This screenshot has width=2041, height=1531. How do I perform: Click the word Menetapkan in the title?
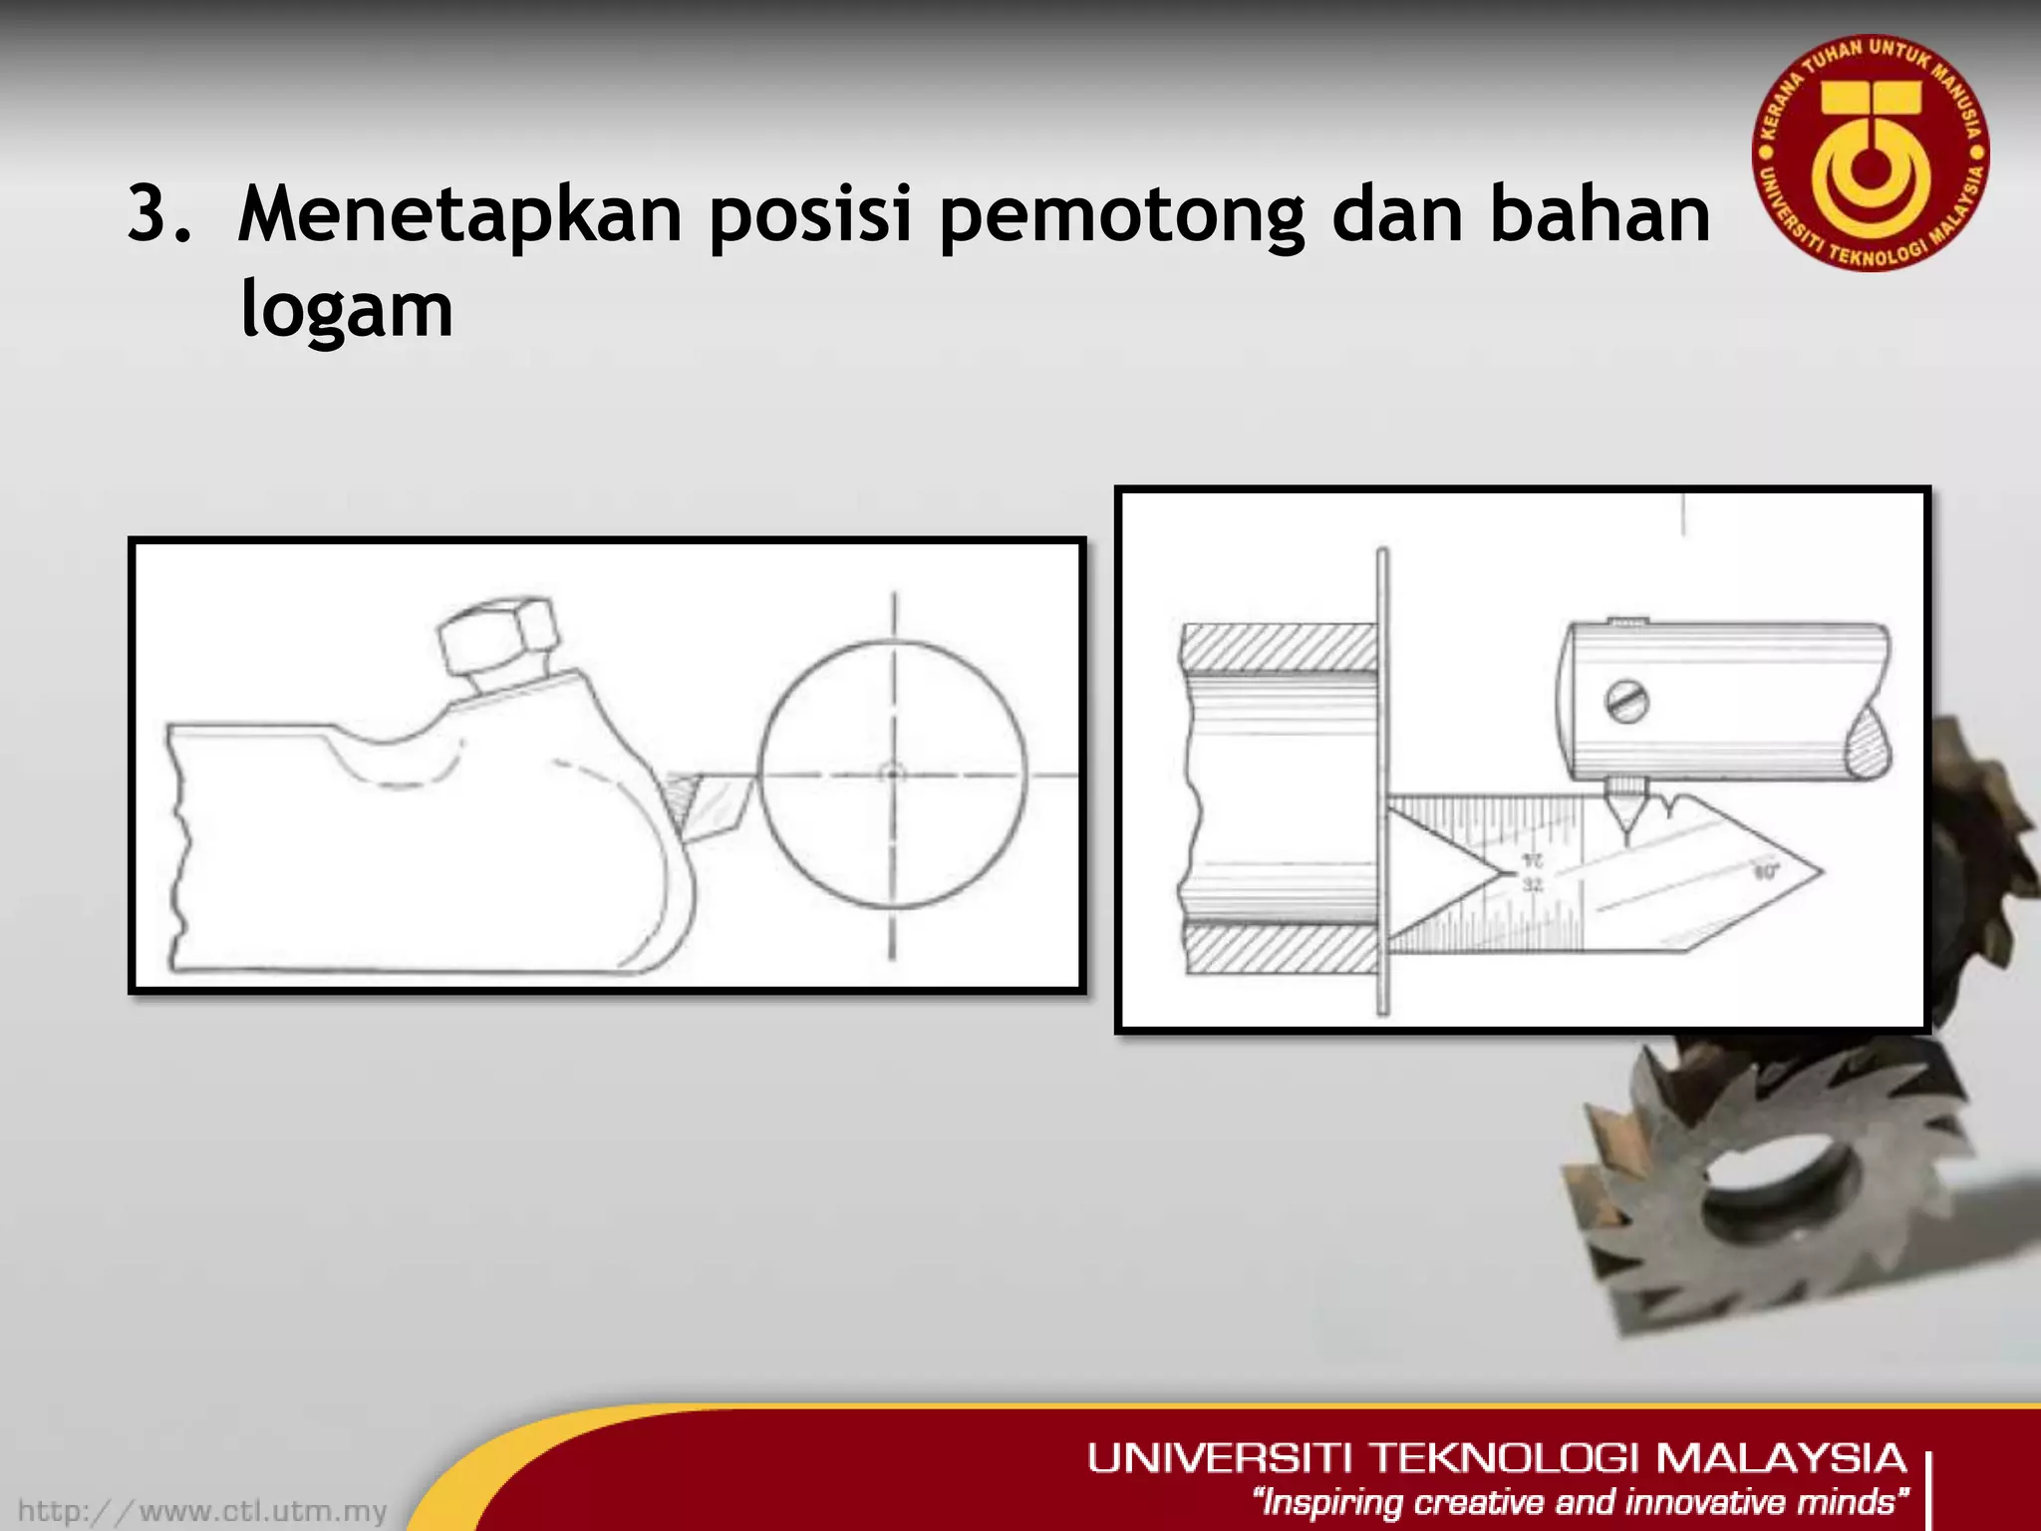click(x=459, y=215)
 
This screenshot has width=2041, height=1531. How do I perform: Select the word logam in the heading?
click(x=347, y=311)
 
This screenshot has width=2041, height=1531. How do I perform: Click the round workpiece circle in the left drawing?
click(x=892, y=774)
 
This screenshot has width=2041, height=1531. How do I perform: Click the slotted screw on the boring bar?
click(x=1626, y=703)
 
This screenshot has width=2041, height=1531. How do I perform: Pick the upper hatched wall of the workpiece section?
click(x=1280, y=648)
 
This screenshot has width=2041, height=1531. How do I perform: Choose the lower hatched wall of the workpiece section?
click(x=1280, y=950)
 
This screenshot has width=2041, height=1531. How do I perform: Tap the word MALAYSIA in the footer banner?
click(x=1780, y=1458)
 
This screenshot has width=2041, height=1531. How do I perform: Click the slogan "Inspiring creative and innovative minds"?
click(x=1581, y=1502)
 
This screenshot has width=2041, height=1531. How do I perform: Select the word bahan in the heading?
click(x=1600, y=215)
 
